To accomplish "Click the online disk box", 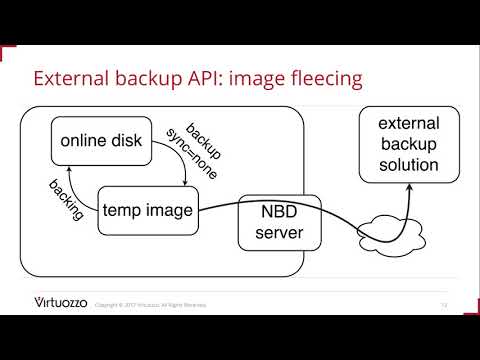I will pyautogui.click(x=100, y=141).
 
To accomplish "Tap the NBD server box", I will pyautogui.click(x=272, y=223).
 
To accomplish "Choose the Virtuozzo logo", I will pyautogui.click(x=60, y=303).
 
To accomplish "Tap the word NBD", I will pyautogui.click(x=272, y=212).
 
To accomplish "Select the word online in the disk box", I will pyautogui.click(x=81, y=141).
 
